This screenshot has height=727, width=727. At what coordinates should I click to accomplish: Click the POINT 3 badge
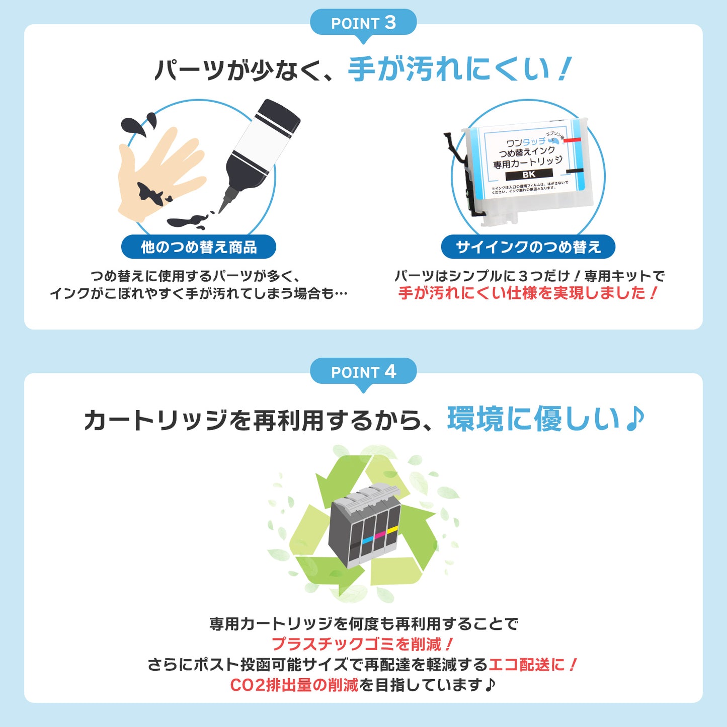pyautogui.click(x=363, y=23)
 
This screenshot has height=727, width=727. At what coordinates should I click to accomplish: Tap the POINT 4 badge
pyautogui.click(x=363, y=372)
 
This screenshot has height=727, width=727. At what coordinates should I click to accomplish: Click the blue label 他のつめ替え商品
pyautogui.click(x=199, y=247)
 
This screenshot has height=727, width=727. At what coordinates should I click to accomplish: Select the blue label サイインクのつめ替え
pyautogui.click(x=528, y=247)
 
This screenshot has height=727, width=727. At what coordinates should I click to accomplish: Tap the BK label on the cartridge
pyautogui.click(x=529, y=175)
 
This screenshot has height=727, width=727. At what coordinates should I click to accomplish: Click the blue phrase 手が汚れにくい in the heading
pyautogui.click(x=448, y=69)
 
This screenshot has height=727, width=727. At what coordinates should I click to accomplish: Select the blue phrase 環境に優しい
pyautogui.click(x=533, y=419)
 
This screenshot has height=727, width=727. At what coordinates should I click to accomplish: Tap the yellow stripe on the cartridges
pyautogui.click(x=392, y=529)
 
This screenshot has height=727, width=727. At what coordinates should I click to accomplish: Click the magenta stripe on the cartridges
pyautogui.click(x=380, y=534)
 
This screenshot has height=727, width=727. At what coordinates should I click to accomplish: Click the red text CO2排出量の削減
pyautogui.click(x=294, y=685)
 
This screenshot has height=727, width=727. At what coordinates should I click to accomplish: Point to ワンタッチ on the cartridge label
pyautogui.click(x=525, y=143)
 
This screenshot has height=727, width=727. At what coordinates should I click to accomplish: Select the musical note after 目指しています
pyautogui.click(x=491, y=684)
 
